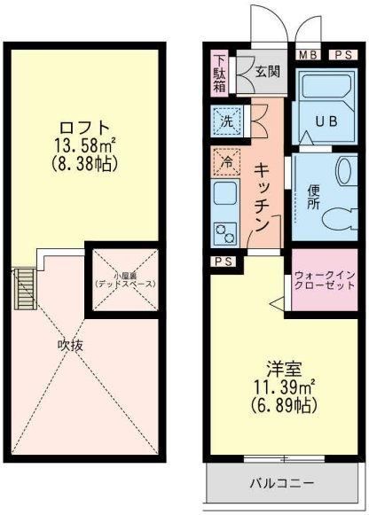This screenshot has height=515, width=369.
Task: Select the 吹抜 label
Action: pos(70,345)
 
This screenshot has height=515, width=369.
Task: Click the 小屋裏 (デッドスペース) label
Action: pos(125,279)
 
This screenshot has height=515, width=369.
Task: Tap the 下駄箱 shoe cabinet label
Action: pos(220,74)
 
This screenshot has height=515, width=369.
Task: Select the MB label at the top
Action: pos(307,55)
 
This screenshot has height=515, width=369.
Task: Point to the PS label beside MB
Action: pos(342,55)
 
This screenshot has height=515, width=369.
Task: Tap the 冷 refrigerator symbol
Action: pos(226,163)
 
